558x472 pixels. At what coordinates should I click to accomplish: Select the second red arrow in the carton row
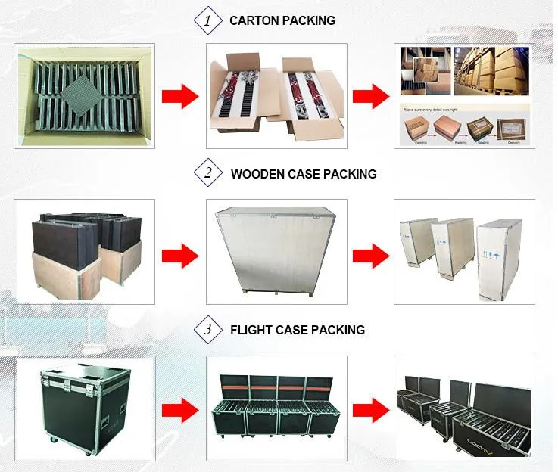pyautogui.click(x=372, y=95)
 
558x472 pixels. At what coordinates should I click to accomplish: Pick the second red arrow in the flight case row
pyautogui.click(x=372, y=410)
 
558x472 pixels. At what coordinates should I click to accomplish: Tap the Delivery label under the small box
pyautogui.click(x=519, y=141)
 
